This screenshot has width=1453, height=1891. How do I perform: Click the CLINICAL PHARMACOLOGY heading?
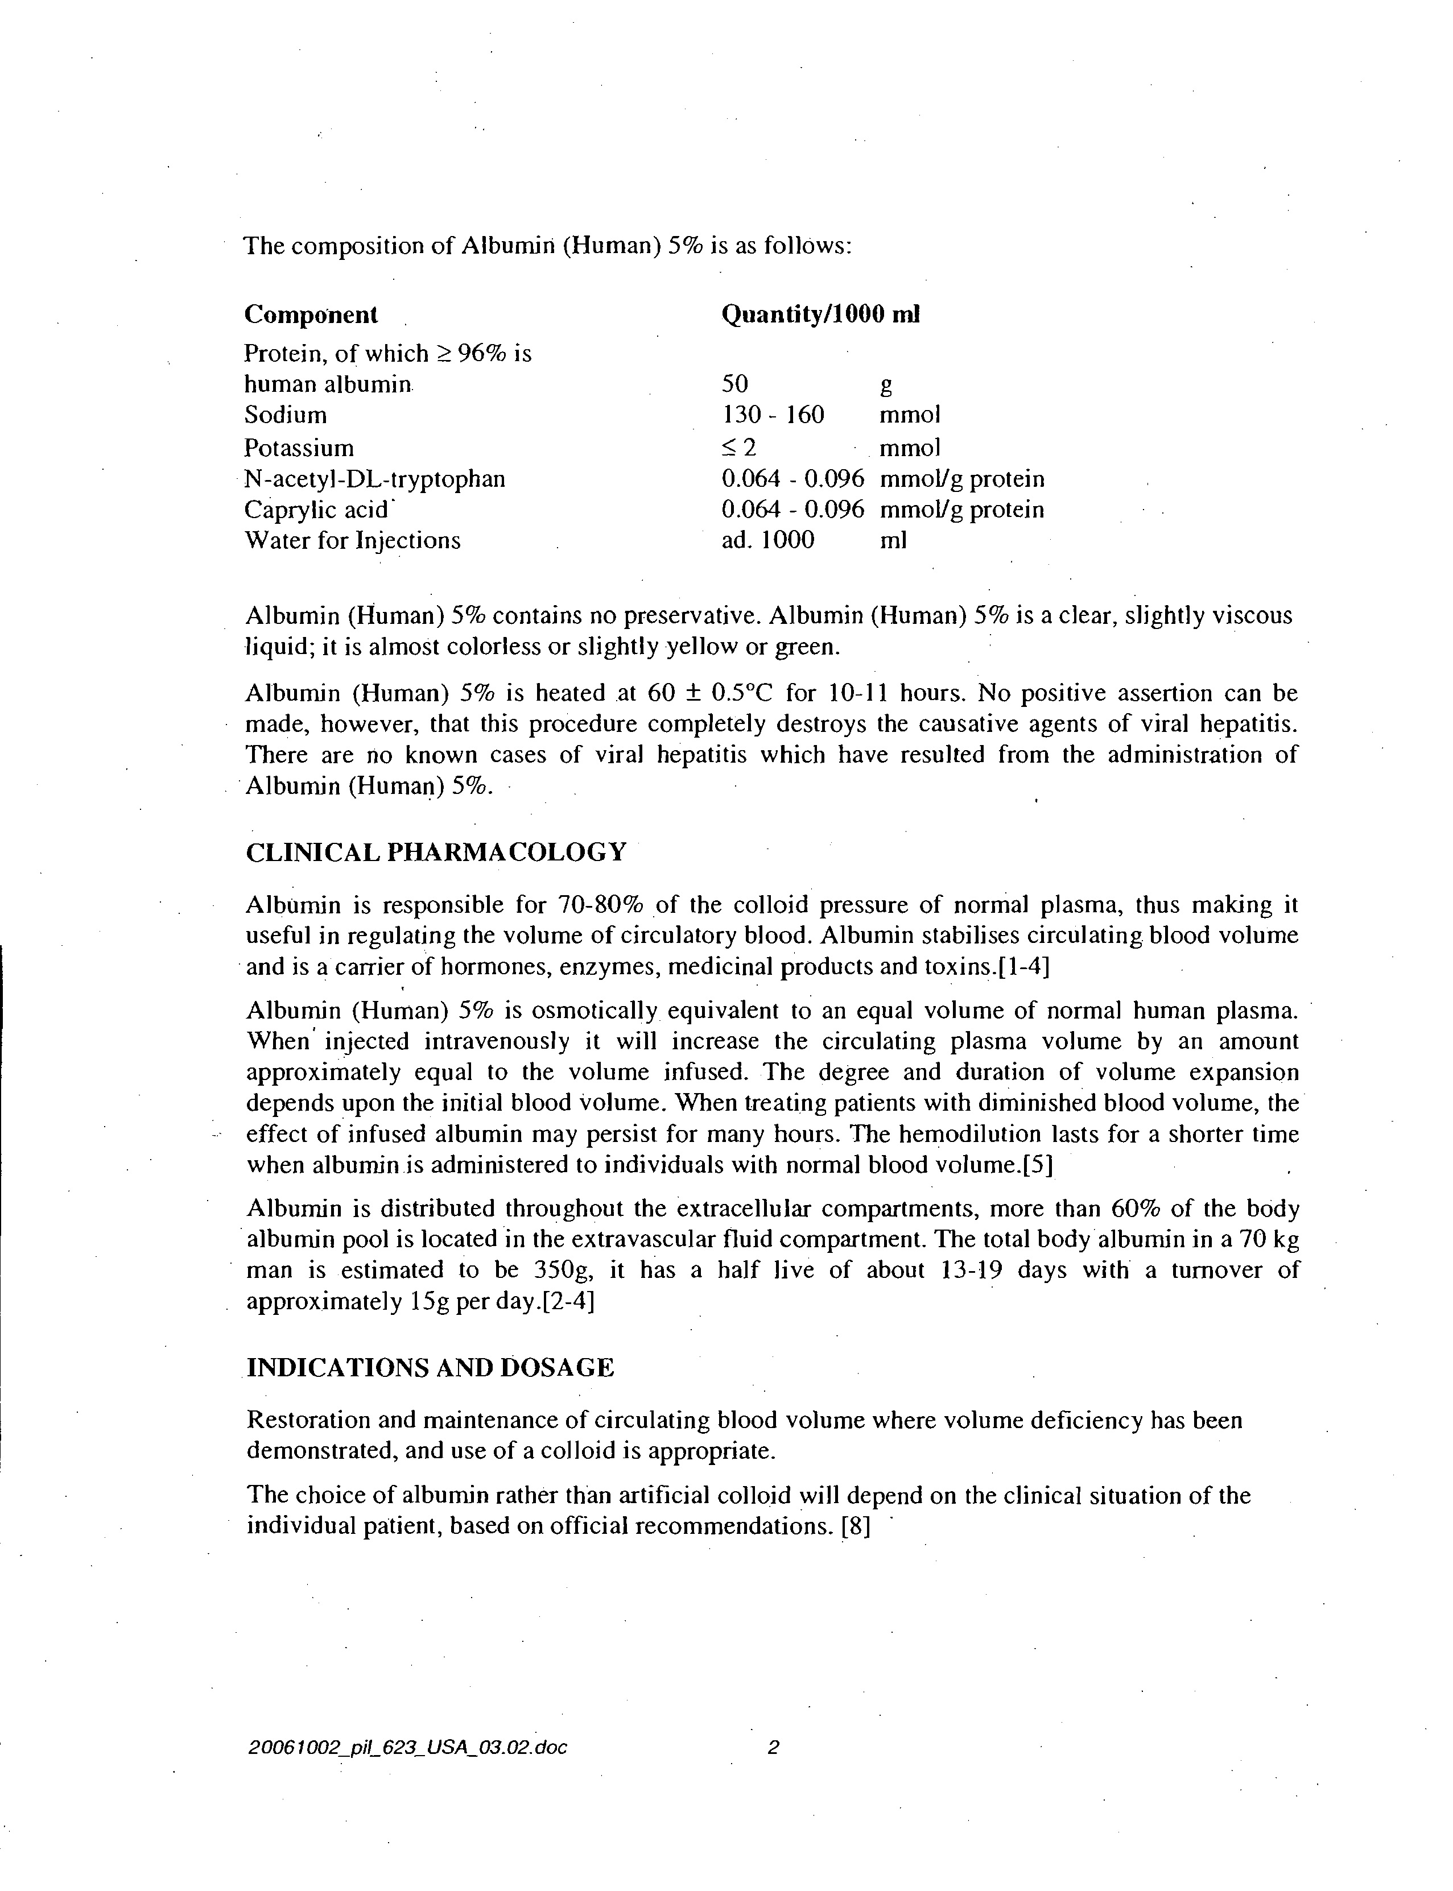pyautogui.click(x=436, y=853)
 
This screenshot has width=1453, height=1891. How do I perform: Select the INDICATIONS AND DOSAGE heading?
pyautogui.click(x=430, y=1368)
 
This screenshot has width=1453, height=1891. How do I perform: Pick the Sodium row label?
pyautogui.click(x=286, y=415)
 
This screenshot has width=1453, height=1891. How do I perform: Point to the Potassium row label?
pyautogui.click(x=299, y=448)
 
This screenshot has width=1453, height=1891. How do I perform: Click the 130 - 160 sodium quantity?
pyautogui.click(x=773, y=415)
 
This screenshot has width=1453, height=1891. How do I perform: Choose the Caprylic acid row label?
pyautogui.click(x=316, y=510)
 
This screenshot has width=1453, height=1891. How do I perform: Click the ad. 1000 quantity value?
pyautogui.click(x=767, y=541)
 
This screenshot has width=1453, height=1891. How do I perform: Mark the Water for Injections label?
pyautogui.click(x=353, y=541)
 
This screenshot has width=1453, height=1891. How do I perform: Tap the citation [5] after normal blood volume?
pyautogui.click(x=1037, y=1165)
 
